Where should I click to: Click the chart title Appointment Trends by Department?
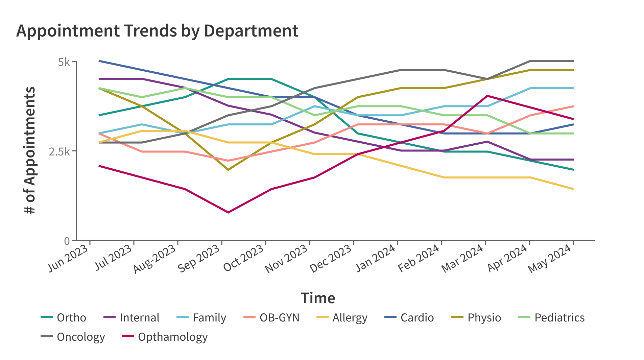tap(157, 31)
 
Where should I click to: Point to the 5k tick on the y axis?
tap(64, 62)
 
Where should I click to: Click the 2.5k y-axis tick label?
tap(59, 151)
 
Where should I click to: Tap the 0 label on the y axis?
tap(67, 241)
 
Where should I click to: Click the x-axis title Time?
tap(318, 298)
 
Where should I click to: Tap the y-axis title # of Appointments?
tap(30, 150)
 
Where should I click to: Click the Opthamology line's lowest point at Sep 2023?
tap(228, 212)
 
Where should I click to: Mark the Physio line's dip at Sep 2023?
tap(228, 170)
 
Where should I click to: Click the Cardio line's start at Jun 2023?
tap(99, 61)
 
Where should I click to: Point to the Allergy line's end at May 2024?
tap(573, 189)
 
